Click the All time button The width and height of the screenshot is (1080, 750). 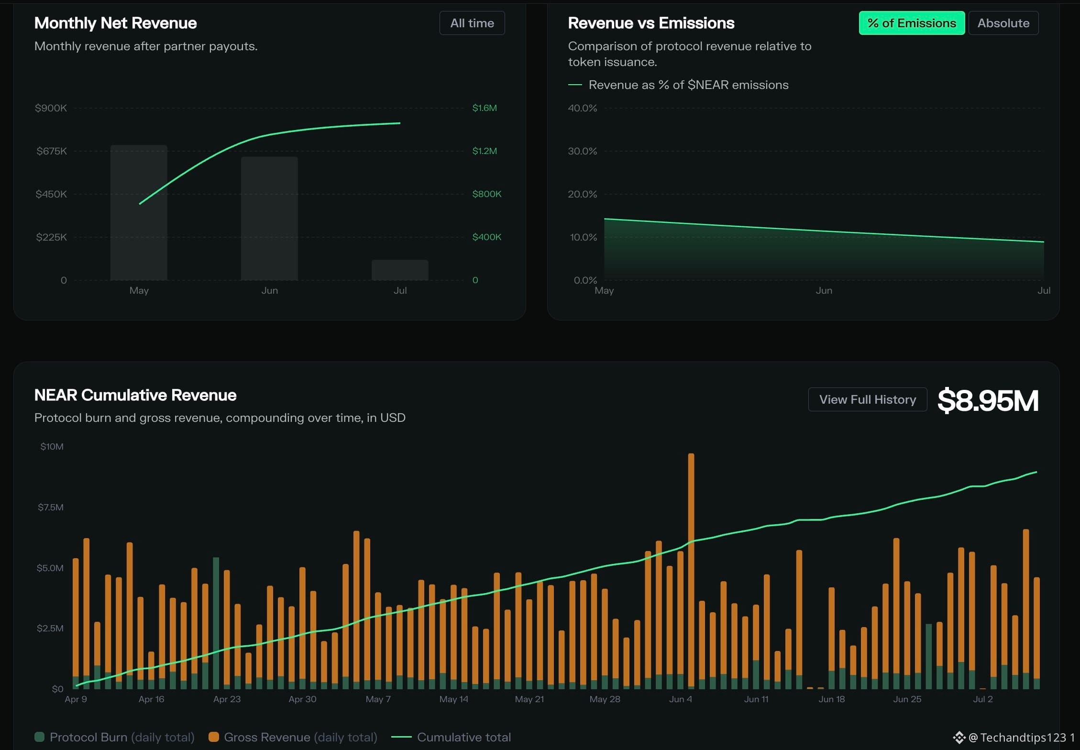click(x=472, y=23)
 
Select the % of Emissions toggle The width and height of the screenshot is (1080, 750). click(x=912, y=23)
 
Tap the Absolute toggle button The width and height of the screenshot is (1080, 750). click(x=1003, y=23)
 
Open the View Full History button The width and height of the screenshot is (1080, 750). click(x=868, y=399)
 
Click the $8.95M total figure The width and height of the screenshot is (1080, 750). click(x=988, y=400)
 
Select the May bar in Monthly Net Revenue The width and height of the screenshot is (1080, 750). click(x=139, y=212)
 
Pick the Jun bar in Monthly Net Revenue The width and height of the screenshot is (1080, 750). click(x=269, y=218)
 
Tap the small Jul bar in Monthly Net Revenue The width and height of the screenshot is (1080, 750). click(x=400, y=270)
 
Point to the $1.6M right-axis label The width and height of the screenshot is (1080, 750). click(x=485, y=108)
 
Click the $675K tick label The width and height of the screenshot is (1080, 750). click(x=52, y=151)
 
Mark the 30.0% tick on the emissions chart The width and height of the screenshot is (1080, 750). click(x=582, y=151)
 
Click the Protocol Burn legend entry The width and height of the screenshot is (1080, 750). click(x=114, y=737)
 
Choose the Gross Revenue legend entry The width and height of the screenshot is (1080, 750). click(x=293, y=737)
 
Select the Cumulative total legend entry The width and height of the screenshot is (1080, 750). click(x=451, y=737)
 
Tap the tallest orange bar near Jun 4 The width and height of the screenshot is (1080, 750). click(x=691, y=571)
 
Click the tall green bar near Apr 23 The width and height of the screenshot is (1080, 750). click(x=216, y=623)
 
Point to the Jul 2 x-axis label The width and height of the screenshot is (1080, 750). click(x=983, y=699)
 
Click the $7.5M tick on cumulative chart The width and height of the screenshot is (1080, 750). click(x=51, y=507)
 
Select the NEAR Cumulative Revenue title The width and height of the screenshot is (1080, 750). click(x=135, y=395)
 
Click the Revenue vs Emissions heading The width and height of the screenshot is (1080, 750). click(x=651, y=23)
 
